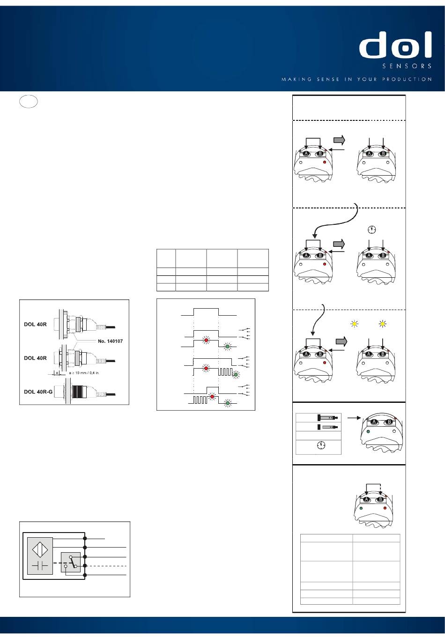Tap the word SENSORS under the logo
pyautogui.click(x=407, y=67)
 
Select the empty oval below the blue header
pyautogui.click(x=29, y=102)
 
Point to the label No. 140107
pyautogui.click(x=110, y=341)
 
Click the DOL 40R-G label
pyautogui.click(x=38, y=392)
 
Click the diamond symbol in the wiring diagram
pyautogui.click(x=40, y=547)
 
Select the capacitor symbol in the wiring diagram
pyautogui.click(x=40, y=566)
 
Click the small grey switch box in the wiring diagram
pyautogui.click(x=70, y=562)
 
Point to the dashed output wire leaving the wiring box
pyautogui.click(x=108, y=566)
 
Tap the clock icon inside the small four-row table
pyautogui.click(x=321, y=445)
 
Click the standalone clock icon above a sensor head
pyautogui.click(x=371, y=230)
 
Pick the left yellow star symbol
pyautogui.click(x=355, y=324)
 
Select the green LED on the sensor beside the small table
pyautogui.click(x=368, y=431)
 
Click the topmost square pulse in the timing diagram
pyautogui.click(x=206, y=312)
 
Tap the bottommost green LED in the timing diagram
pyautogui.click(x=228, y=403)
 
